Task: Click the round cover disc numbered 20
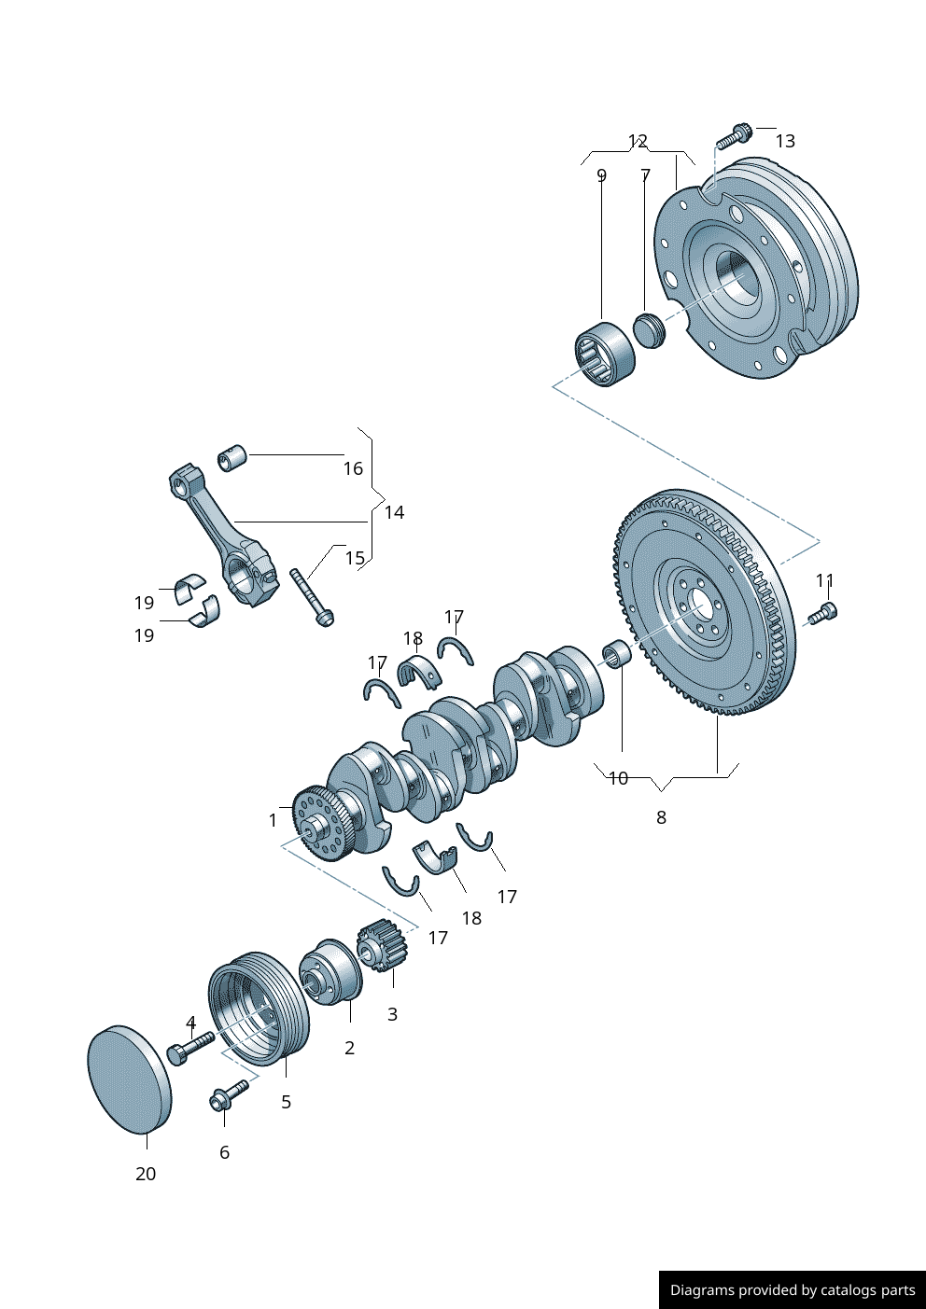click(x=129, y=1079)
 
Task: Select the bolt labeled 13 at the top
click(x=734, y=136)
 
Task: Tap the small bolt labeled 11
click(x=823, y=613)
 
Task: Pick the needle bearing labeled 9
click(x=604, y=354)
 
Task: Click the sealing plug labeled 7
click(x=647, y=329)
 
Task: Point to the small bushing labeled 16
click(x=231, y=458)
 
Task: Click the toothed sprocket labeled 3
click(x=381, y=944)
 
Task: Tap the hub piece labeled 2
click(x=330, y=972)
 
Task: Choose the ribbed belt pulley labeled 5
click(x=258, y=1008)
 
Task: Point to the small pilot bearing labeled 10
click(x=617, y=653)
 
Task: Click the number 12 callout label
click(x=638, y=141)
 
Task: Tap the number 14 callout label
click(x=394, y=512)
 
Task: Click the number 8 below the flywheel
click(x=661, y=817)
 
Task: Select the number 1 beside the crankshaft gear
click(x=273, y=820)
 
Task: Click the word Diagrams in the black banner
click(x=701, y=1290)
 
